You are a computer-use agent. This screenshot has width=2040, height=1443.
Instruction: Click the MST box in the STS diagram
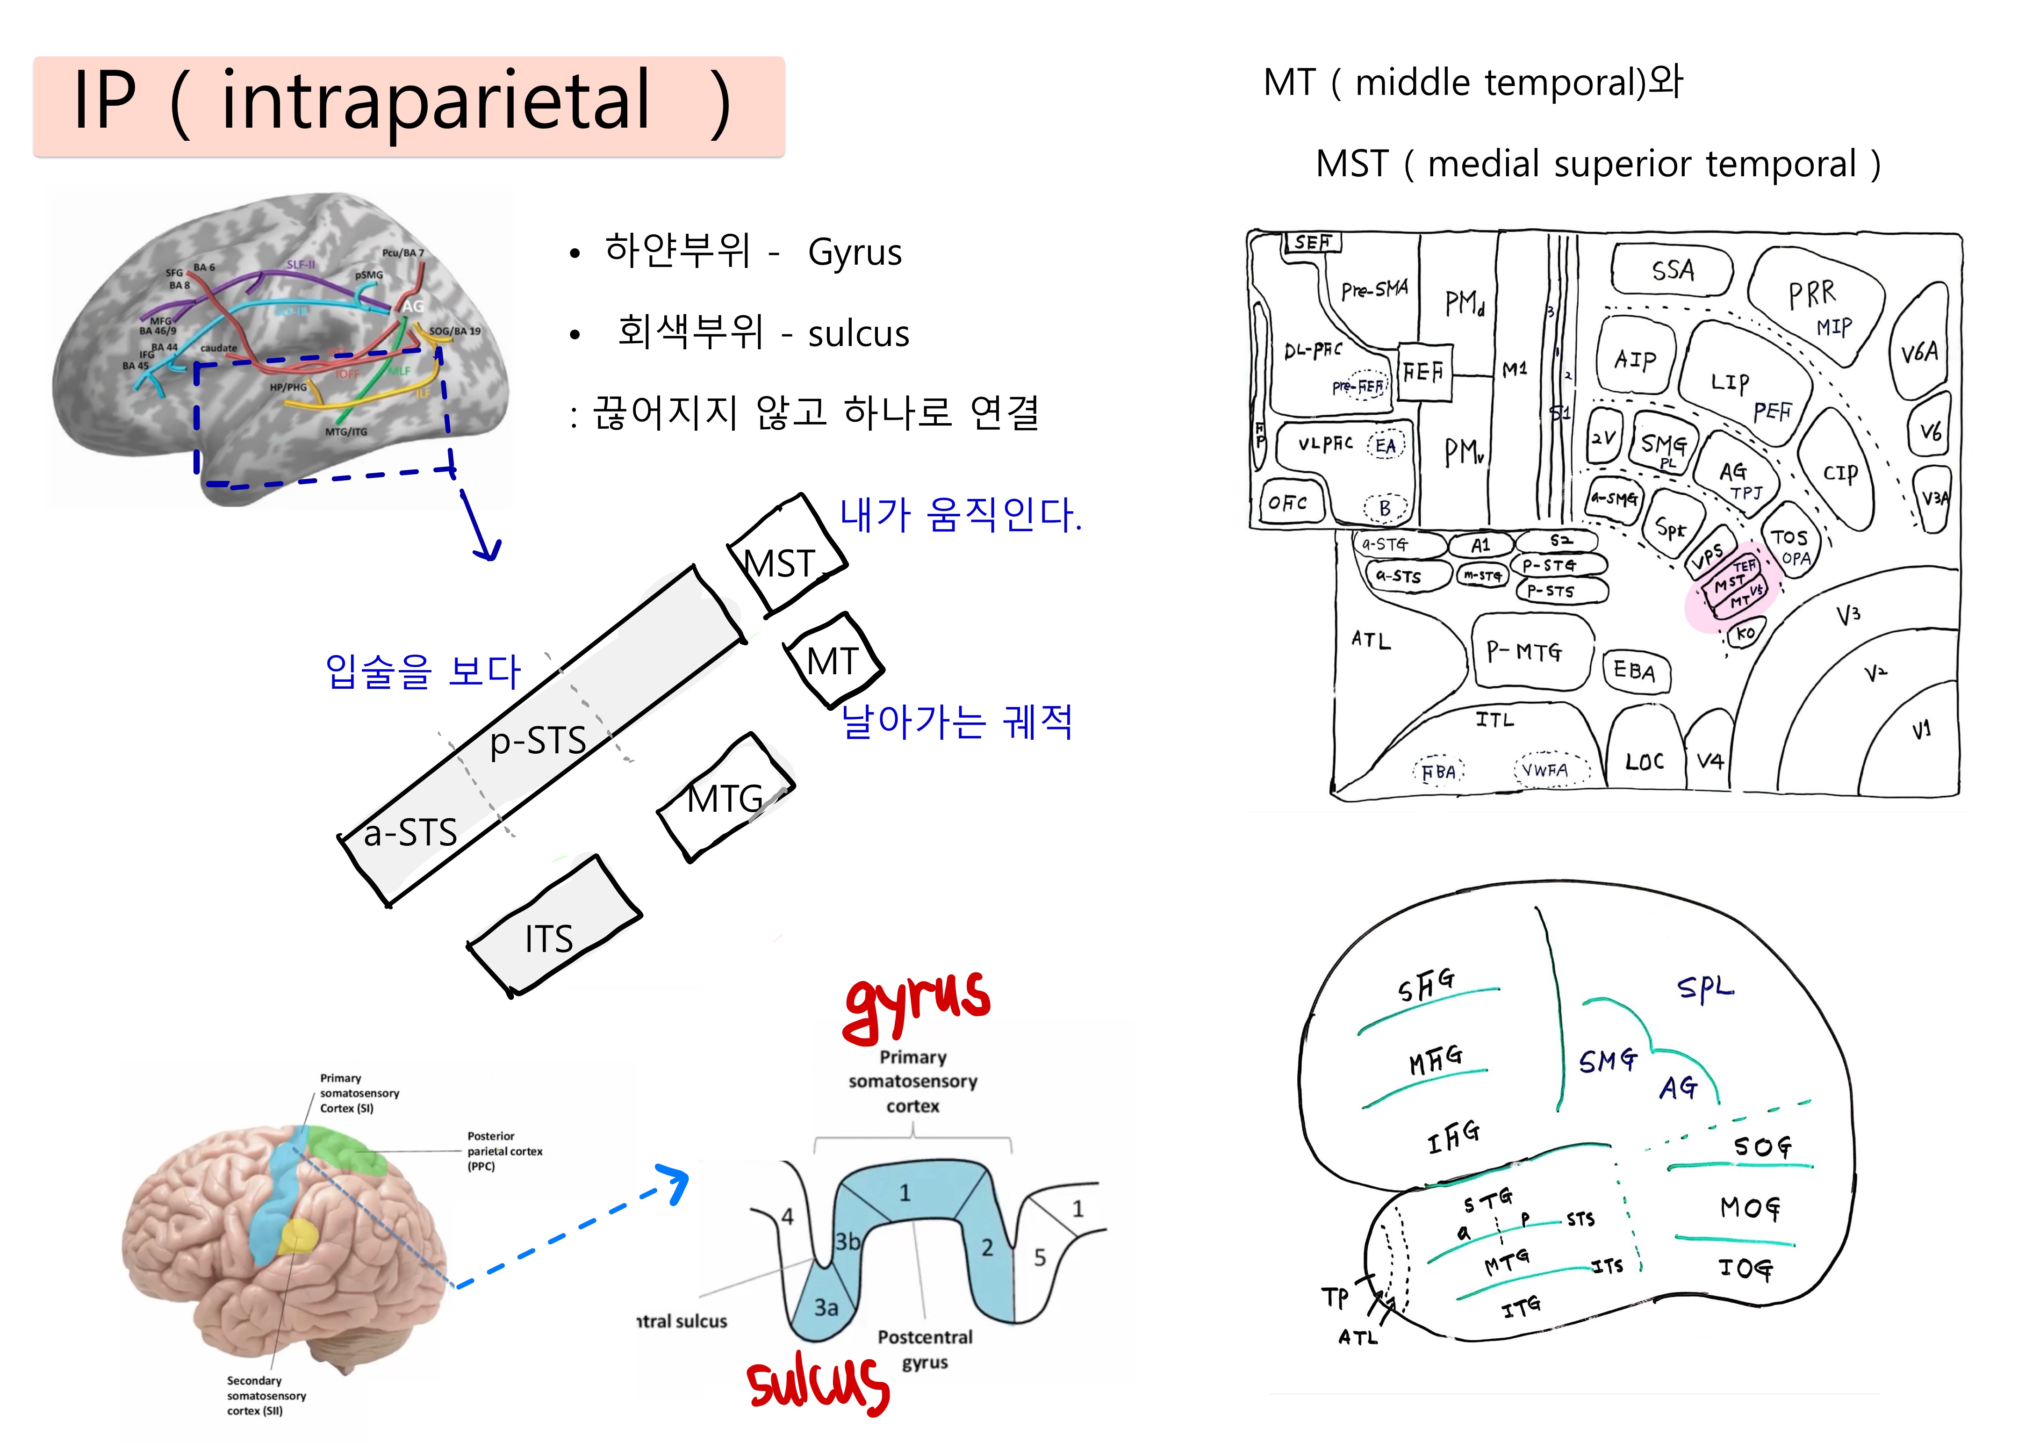click(784, 558)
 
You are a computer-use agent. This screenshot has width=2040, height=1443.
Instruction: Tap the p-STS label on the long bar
click(538, 739)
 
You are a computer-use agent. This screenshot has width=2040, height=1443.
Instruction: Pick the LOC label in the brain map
click(1644, 762)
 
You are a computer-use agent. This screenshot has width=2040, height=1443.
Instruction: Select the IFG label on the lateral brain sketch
click(1454, 1136)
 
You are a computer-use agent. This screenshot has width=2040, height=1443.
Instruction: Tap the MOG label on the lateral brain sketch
click(1749, 1207)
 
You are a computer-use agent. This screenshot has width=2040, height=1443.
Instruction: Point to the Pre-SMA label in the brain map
click(1373, 289)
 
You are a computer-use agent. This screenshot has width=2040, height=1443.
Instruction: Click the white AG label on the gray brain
click(412, 306)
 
